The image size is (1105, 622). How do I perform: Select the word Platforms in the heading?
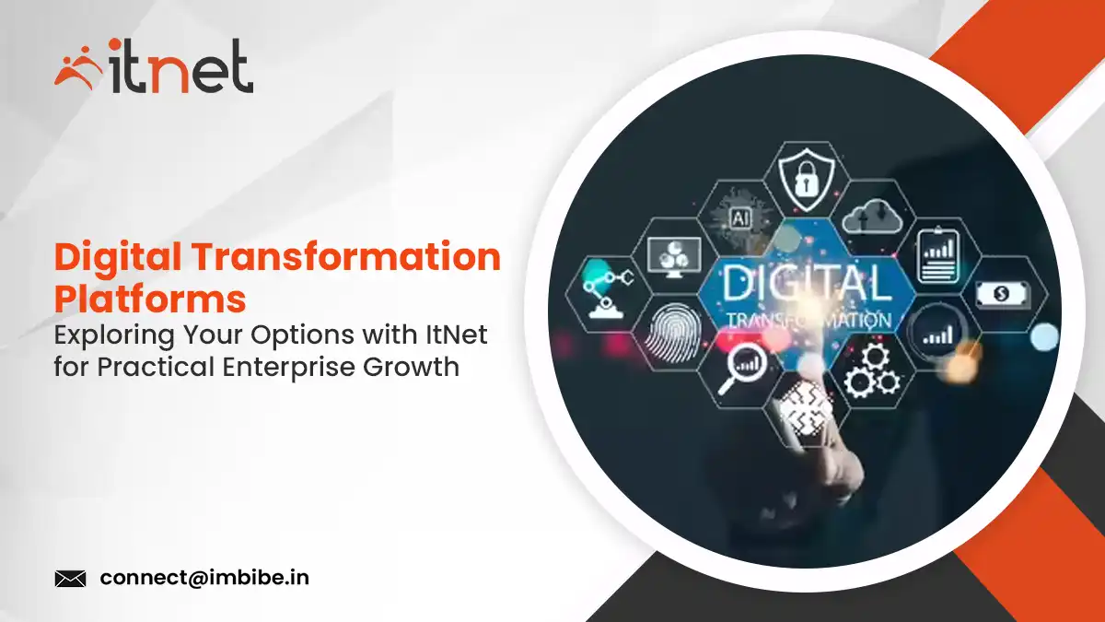tap(150, 299)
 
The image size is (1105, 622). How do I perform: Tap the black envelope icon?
tap(70, 579)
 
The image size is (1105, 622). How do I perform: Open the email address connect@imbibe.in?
tap(204, 579)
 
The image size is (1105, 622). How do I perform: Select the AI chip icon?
tap(739, 217)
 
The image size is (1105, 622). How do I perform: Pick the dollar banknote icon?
tap(1002, 293)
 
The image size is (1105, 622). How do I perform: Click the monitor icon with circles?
tap(670, 256)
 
